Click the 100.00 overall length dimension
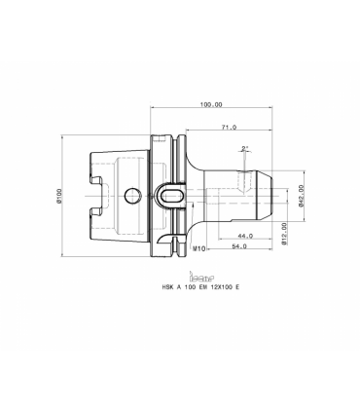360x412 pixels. (x=211, y=104)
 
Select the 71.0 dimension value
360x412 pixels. (x=229, y=128)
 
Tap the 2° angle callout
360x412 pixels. (x=245, y=149)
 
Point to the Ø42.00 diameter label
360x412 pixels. (x=301, y=196)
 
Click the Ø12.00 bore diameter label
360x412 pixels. (x=284, y=234)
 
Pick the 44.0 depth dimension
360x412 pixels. (x=245, y=236)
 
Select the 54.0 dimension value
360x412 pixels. (x=239, y=246)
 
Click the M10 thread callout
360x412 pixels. (x=198, y=248)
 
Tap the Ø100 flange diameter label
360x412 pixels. (x=59, y=196)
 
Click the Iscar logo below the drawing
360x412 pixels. (x=201, y=277)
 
